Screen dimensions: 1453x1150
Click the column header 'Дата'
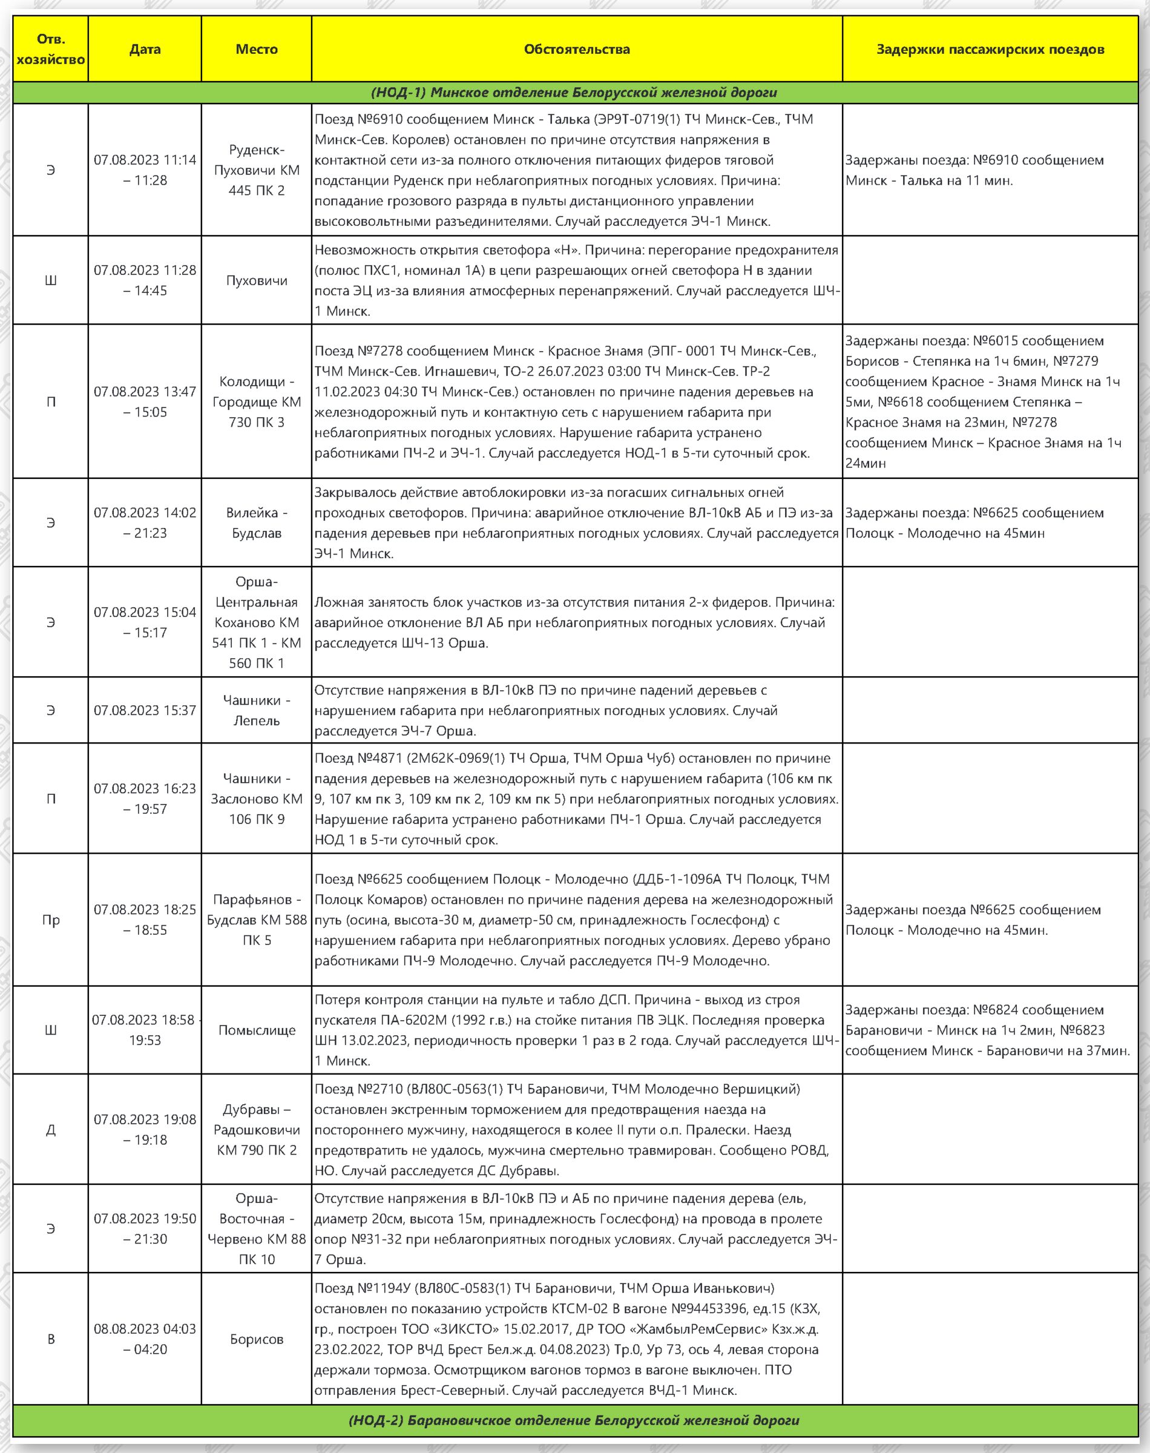point(145,49)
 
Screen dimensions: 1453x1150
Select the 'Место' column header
point(257,49)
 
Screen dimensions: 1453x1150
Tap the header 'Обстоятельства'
point(577,49)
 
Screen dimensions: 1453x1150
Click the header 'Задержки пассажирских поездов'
point(990,49)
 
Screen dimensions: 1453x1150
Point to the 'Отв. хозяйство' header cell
point(50,49)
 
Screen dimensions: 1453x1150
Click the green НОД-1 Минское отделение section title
point(574,92)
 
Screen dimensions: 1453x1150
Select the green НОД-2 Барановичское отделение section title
point(574,1420)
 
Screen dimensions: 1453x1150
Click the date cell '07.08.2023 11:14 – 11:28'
point(145,170)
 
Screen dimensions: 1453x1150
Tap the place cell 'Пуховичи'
point(257,280)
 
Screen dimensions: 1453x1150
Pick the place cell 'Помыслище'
point(257,1030)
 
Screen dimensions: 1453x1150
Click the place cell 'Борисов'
point(257,1339)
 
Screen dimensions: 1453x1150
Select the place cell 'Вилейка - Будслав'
point(257,522)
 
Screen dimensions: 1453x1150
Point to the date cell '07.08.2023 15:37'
point(145,710)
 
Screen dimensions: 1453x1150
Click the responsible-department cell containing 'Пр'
point(50,920)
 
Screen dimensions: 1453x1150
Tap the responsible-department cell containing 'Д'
point(50,1130)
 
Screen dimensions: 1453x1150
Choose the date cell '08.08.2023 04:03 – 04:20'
point(145,1339)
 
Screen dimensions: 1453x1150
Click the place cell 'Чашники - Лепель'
point(257,710)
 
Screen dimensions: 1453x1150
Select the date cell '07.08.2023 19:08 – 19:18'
point(145,1130)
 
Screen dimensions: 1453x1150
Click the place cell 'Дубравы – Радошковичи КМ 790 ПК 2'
point(257,1130)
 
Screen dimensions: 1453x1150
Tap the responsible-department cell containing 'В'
point(50,1339)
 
